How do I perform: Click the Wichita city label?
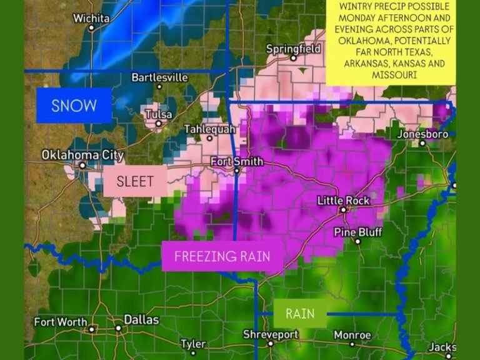point(91,18)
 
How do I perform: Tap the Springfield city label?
point(293,49)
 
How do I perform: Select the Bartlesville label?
point(159,77)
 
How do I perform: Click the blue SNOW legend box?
point(74,105)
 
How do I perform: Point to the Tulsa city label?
point(159,114)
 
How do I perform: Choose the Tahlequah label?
point(210,129)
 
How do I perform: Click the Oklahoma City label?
point(82,155)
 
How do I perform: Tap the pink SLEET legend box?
point(135,181)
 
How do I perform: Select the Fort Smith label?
point(237,161)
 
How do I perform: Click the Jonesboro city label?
point(423,134)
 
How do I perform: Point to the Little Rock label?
point(344,201)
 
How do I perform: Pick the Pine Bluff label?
point(357,232)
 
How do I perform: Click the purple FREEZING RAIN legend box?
point(222,256)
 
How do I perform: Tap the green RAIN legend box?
point(300,314)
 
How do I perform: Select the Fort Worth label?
point(61,322)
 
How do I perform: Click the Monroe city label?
point(352,335)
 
